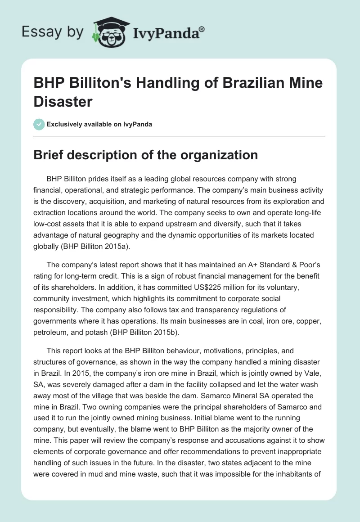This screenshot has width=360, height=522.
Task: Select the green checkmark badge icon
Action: coord(39,124)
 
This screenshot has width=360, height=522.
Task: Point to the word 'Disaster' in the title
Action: coord(63,101)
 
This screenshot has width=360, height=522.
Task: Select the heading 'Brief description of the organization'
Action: coord(146,155)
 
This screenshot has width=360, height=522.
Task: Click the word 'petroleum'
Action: coord(54,319)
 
